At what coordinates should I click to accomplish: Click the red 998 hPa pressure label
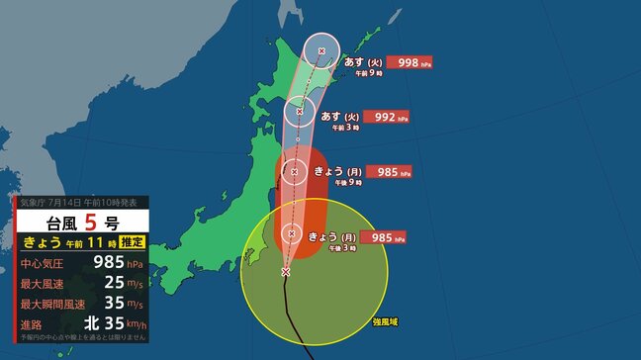(410, 62)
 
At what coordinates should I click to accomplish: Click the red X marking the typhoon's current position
(286, 271)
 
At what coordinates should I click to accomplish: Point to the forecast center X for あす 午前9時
(321, 50)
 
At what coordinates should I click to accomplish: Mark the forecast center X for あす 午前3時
(299, 111)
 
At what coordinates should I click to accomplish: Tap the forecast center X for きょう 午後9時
(293, 172)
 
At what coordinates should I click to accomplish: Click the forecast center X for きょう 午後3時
(291, 234)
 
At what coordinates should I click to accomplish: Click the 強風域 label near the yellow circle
(387, 322)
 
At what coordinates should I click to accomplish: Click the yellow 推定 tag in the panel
(133, 242)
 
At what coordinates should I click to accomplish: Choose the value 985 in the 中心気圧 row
(104, 264)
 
